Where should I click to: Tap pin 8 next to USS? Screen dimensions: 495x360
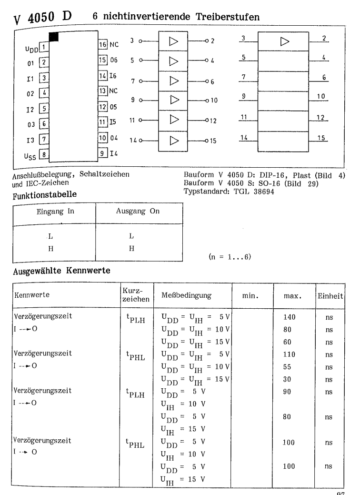click(x=43, y=155)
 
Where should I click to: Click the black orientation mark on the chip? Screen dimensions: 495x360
click(x=54, y=36)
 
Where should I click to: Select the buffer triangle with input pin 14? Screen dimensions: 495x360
click(x=174, y=141)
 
